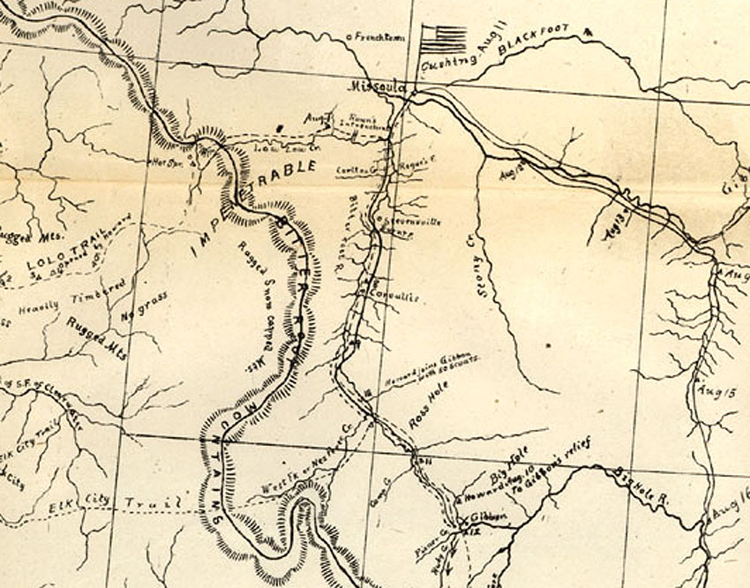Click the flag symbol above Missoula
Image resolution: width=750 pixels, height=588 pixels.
444,39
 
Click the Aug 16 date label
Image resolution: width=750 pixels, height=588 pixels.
728,509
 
